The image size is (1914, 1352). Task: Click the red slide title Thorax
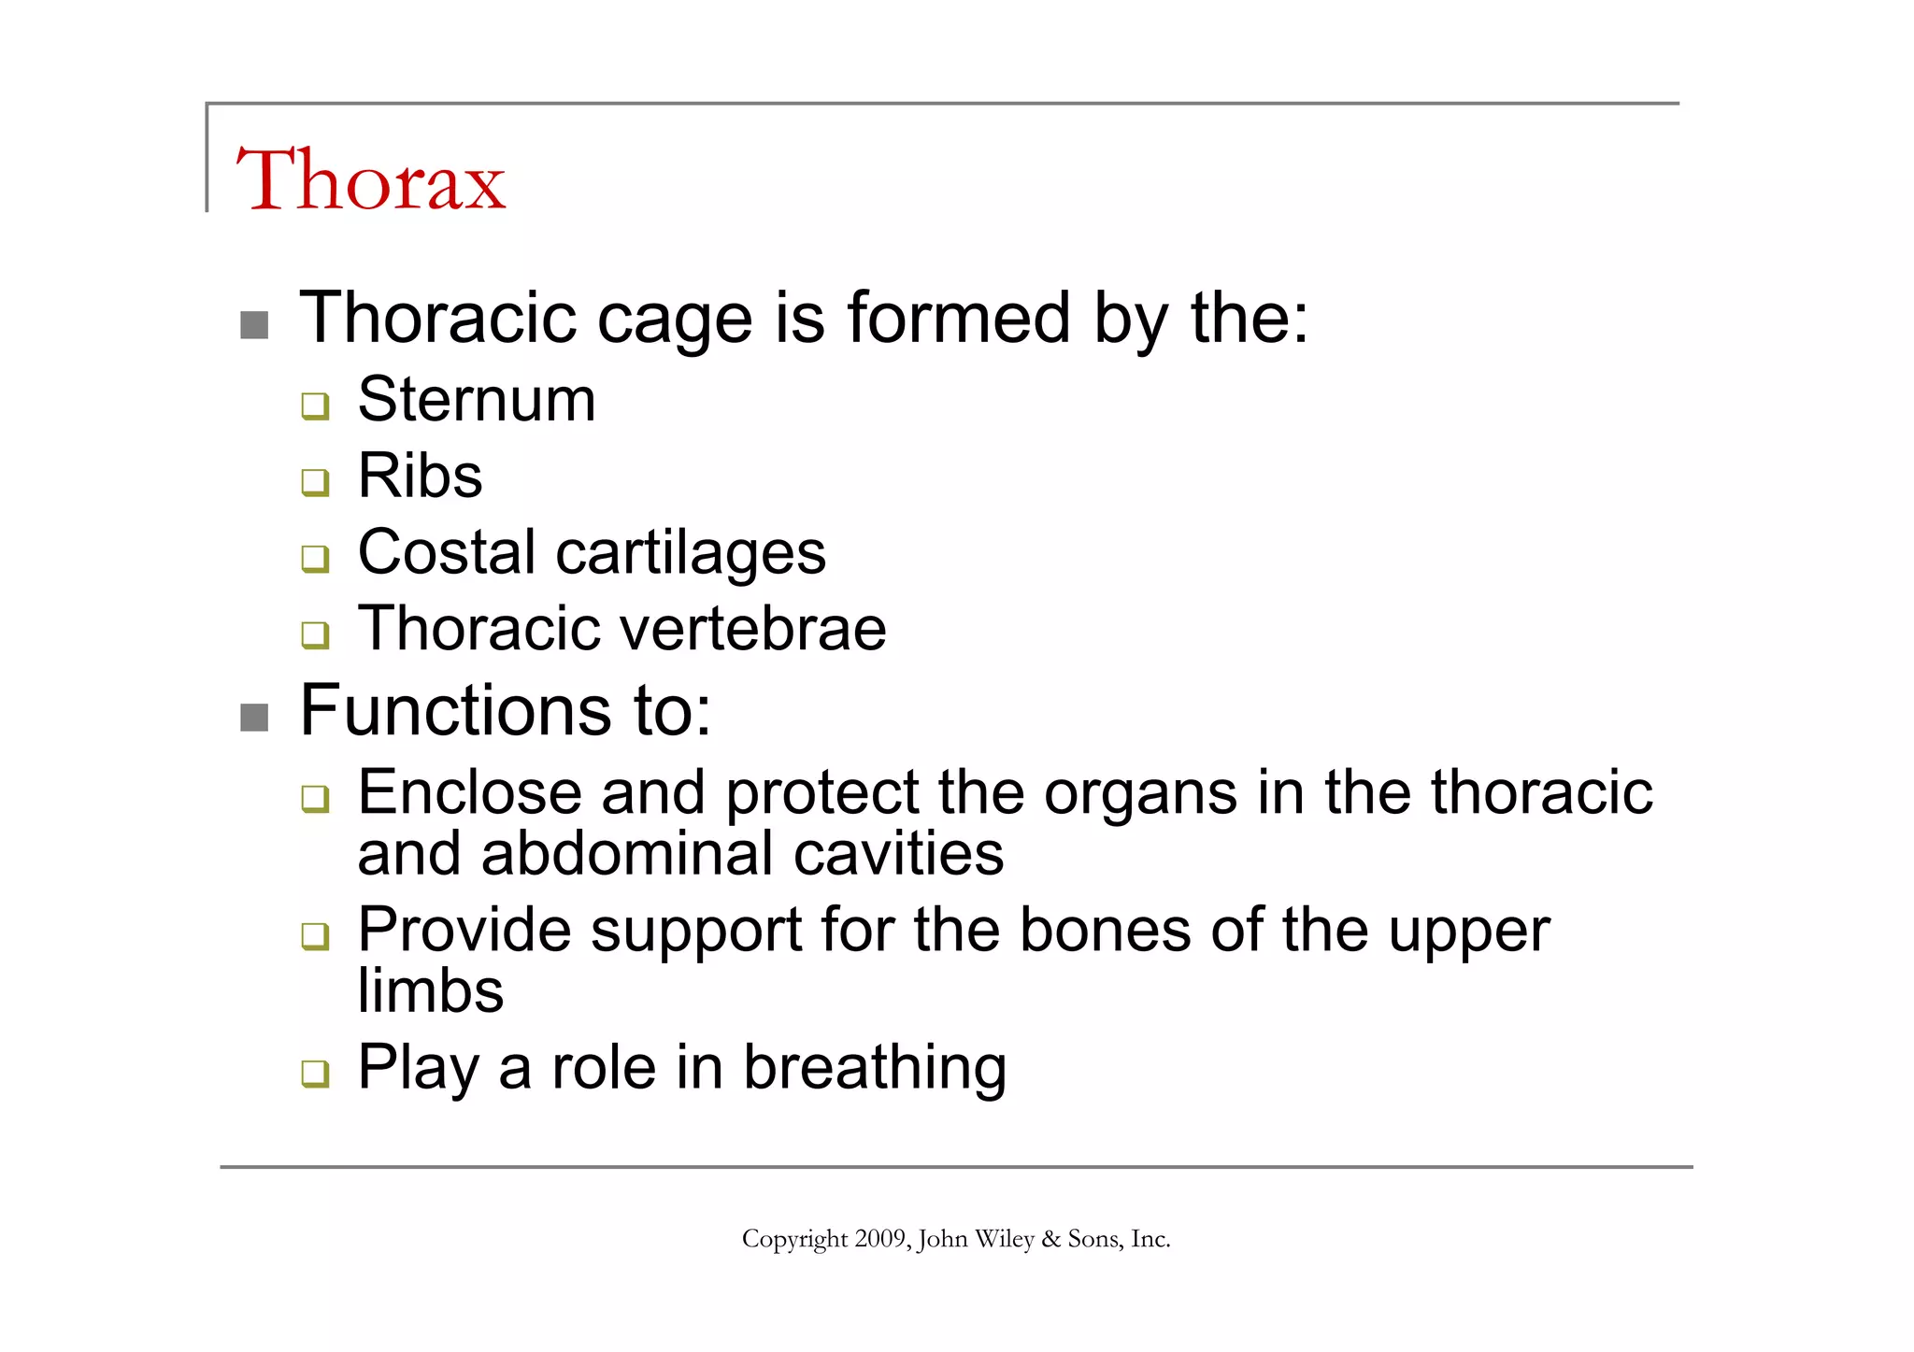(x=370, y=179)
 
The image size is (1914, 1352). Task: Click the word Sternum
(x=477, y=400)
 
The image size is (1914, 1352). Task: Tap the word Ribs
(x=421, y=477)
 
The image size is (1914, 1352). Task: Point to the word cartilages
(x=691, y=554)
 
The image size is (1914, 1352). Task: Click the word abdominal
(x=627, y=854)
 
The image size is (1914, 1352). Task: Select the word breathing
(x=875, y=1068)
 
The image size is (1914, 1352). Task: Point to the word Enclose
(x=469, y=793)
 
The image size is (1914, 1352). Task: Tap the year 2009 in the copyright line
(x=879, y=1239)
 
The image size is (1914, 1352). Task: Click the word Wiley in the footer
(x=1005, y=1239)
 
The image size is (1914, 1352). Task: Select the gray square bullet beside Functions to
(x=254, y=718)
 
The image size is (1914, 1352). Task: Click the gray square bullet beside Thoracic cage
(x=254, y=325)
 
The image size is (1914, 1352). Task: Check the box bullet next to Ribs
(x=315, y=482)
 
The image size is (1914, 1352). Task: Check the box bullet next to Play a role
(x=315, y=1073)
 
